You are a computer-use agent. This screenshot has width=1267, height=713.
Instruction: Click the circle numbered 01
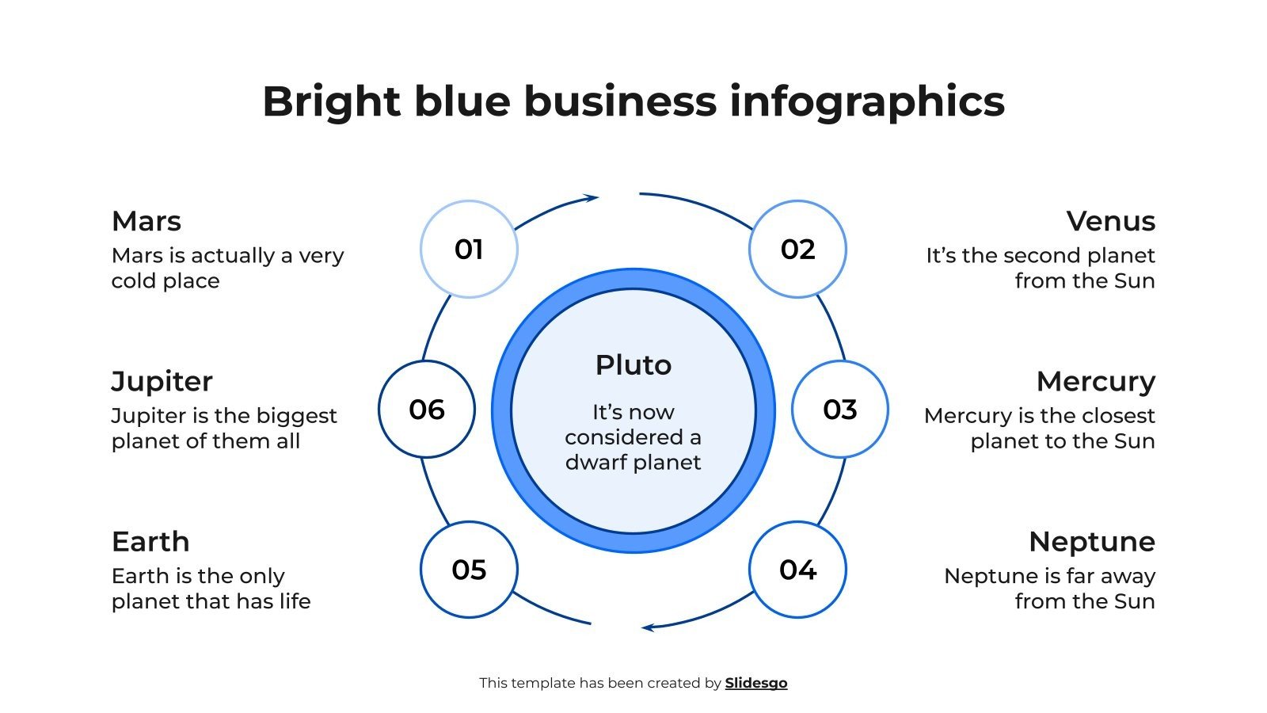(x=469, y=250)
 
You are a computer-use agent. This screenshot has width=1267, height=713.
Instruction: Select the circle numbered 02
(x=797, y=250)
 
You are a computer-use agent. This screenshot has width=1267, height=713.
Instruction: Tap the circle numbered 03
(x=839, y=410)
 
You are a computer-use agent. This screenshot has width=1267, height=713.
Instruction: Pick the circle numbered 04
(x=797, y=570)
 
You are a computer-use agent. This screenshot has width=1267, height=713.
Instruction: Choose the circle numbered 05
(x=469, y=570)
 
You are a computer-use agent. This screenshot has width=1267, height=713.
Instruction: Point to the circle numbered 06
(x=427, y=410)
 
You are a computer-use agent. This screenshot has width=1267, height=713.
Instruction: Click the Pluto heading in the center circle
(x=633, y=365)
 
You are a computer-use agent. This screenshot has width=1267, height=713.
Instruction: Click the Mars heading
(x=146, y=221)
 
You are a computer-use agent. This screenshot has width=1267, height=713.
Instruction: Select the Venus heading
(x=1110, y=221)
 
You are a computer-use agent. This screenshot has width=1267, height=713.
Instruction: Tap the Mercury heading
(x=1095, y=382)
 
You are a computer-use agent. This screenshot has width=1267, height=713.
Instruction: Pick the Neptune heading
(x=1091, y=542)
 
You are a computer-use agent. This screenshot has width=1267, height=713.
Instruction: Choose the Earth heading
(x=150, y=542)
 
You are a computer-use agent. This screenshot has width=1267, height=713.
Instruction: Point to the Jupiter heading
(x=162, y=382)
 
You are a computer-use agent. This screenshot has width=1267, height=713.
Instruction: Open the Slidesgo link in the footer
(x=756, y=683)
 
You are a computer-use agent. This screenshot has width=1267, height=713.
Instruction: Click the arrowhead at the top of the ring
(x=591, y=197)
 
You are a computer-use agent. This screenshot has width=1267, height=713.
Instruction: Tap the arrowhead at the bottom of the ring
(x=648, y=627)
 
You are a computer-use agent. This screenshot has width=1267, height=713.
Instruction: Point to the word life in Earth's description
(x=295, y=601)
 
